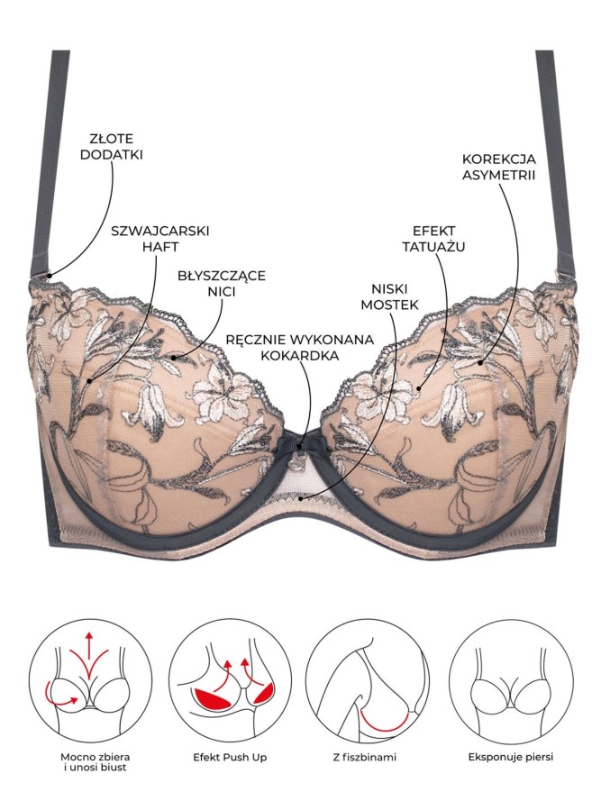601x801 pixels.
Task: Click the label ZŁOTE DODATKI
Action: [x=116, y=146]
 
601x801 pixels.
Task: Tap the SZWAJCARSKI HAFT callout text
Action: [x=160, y=238]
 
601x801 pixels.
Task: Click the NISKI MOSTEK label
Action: [x=390, y=296]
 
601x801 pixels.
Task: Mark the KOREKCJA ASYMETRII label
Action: [x=499, y=168]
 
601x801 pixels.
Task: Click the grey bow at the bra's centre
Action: [x=300, y=442]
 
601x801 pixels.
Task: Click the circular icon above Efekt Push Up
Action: [x=230, y=681]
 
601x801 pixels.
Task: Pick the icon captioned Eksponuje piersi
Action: [x=511, y=681]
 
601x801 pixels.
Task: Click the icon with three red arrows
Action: [x=90, y=681]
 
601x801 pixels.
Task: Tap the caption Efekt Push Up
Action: [x=230, y=757]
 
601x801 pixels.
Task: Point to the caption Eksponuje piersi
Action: [x=511, y=757]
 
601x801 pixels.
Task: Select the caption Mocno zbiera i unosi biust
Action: [x=90, y=763]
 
